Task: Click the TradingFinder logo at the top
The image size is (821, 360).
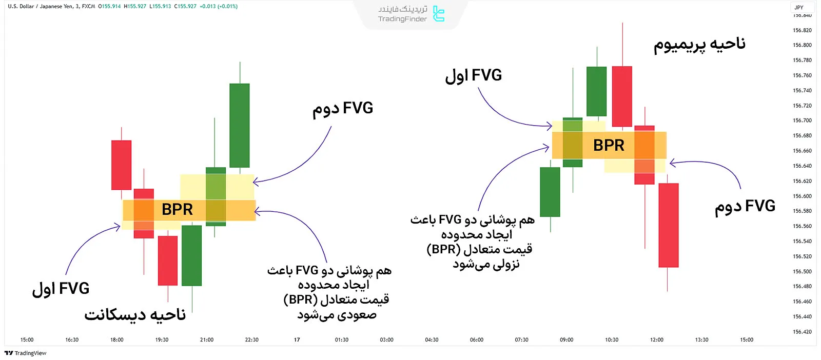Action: pos(411,14)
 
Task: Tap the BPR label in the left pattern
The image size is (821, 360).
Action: pos(177,209)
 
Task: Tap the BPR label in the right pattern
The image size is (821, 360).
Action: pos(609,145)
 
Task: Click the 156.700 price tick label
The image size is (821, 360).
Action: pos(802,121)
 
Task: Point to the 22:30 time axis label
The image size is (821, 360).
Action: pos(251,340)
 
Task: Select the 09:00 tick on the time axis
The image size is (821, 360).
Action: pos(566,340)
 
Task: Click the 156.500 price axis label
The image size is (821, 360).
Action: pos(802,271)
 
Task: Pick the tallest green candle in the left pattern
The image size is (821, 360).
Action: pos(240,125)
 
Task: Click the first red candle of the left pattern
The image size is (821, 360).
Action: pos(121,165)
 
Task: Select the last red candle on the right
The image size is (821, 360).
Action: pos(668,225)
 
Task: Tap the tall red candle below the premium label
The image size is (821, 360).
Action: pos(622,96)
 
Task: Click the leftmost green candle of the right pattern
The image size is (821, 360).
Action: pos(550,191)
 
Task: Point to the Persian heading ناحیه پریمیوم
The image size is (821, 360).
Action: pos(699,44)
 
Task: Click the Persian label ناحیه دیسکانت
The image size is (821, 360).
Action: pos(135,314)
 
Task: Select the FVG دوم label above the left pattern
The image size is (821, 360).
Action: pos(343,109)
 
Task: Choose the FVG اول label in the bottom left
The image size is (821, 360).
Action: pos(61,289)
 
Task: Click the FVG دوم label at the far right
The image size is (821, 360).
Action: pos(745,207)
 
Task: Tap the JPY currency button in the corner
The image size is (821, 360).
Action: pos(799,7)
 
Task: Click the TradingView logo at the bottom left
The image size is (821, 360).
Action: pos(26,353)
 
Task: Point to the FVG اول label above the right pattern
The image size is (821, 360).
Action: pos(473,76)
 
